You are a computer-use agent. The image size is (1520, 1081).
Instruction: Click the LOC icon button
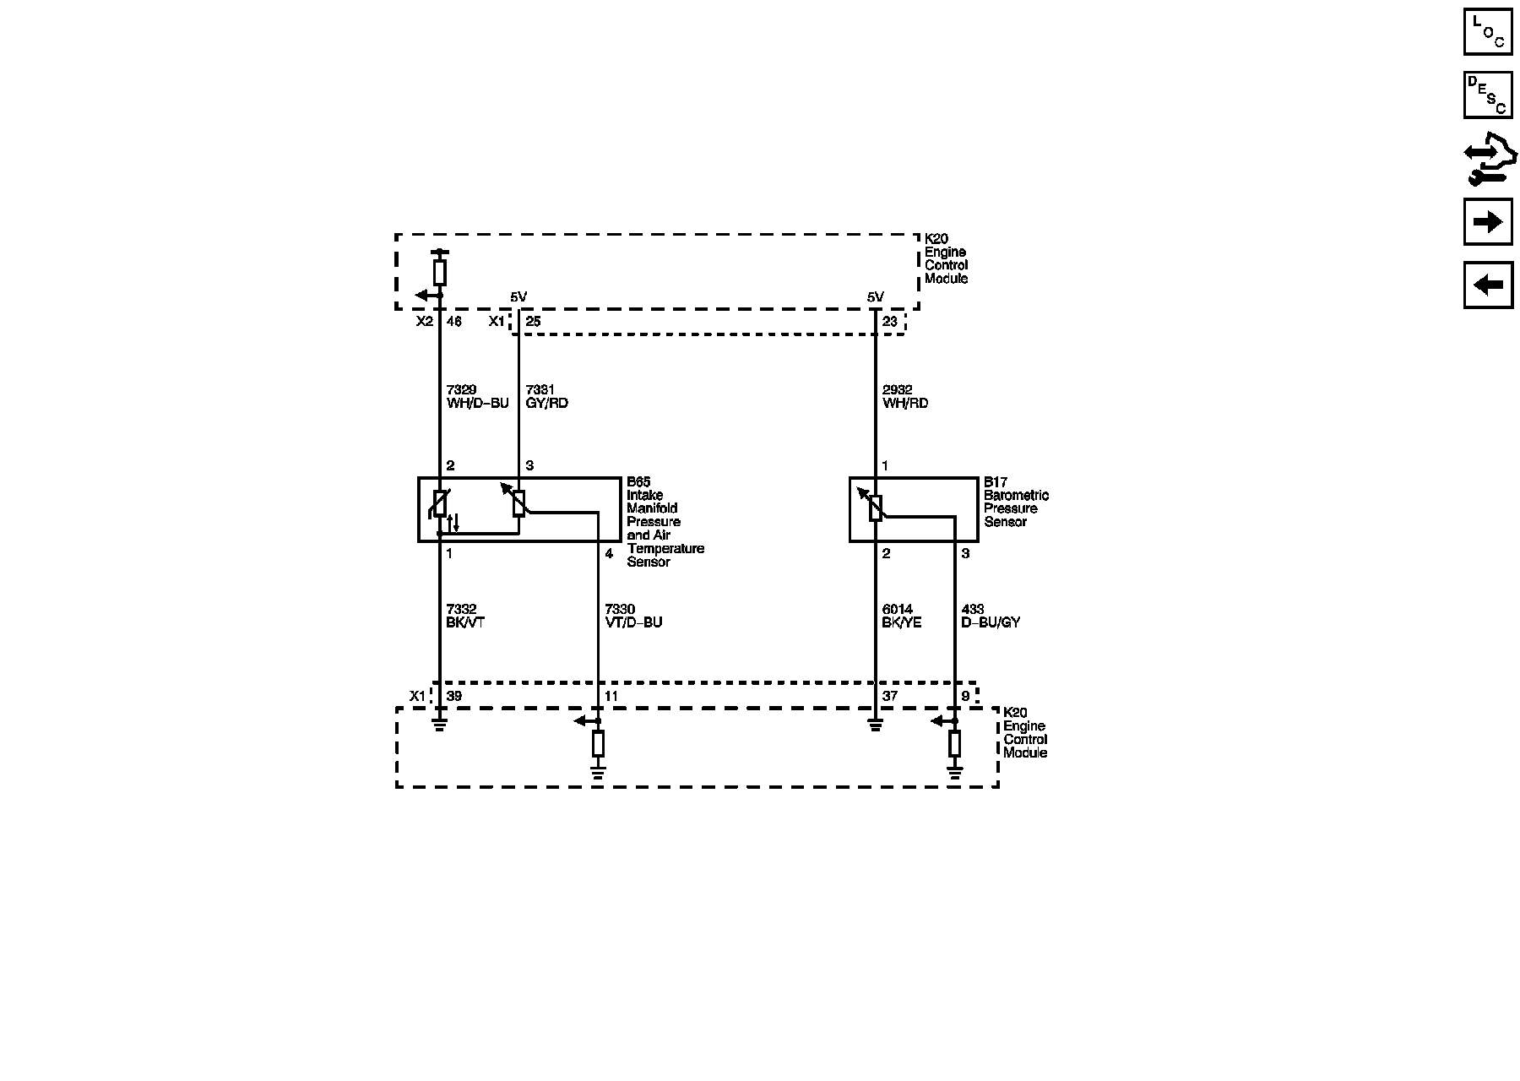1487,31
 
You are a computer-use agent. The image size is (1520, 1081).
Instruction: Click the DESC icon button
1487,94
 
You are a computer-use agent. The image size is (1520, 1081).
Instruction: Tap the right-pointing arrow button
1487,222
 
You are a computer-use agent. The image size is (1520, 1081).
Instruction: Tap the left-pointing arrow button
1487,285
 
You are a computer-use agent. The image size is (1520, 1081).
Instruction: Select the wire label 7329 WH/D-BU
477,396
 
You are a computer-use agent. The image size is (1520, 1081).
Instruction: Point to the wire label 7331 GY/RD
546,396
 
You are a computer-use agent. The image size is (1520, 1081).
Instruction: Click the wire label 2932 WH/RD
905,396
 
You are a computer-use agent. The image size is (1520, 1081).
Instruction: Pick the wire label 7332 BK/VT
465,616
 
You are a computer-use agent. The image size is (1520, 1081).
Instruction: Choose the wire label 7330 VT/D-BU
633,616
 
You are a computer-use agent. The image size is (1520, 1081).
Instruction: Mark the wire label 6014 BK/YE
902,616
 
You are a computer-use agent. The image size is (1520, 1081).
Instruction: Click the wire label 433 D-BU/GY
991,616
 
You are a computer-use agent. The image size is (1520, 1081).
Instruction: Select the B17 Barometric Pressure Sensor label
1016,502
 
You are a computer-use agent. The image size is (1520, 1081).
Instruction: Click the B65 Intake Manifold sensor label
665,522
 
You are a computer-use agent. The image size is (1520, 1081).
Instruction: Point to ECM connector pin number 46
453,322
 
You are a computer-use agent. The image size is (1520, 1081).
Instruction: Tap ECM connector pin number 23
889,322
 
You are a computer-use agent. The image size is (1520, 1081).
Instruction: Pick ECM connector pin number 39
453,696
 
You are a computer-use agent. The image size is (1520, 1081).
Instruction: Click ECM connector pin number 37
889,696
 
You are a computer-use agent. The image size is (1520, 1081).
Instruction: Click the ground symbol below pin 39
439,724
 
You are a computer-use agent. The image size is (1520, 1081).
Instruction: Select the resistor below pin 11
598,744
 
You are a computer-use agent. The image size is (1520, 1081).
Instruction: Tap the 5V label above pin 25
518,296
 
